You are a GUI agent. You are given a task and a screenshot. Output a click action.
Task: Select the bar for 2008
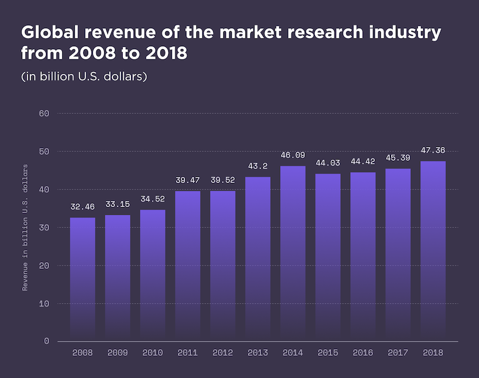[x=82, y=279]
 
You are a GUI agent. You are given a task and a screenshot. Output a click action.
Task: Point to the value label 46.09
[x=293, y=155]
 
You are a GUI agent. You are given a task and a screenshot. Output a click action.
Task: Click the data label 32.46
[x=82, y=207]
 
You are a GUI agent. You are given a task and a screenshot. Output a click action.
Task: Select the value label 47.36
[x=433, y=151]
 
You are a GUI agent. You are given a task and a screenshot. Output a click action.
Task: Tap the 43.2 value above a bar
[x=257, y=166]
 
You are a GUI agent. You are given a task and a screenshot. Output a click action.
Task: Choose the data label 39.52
[x=222, y=180]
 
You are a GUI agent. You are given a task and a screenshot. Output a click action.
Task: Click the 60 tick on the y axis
[x=44, y=113]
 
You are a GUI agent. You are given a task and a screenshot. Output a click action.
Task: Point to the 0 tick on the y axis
[x=46, y=341]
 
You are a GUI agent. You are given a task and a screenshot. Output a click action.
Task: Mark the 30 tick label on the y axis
[x=44, y=227]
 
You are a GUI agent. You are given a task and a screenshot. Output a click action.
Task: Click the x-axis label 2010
[x=152, y=353]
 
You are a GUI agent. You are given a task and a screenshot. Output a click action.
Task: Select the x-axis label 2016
[x=363, y=353]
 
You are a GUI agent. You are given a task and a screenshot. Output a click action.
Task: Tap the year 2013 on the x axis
[x=257, y=353]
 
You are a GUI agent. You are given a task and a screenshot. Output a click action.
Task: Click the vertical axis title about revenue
[x=25, y=227]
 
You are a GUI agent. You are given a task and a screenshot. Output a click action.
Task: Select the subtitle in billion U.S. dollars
[x=84, y=77]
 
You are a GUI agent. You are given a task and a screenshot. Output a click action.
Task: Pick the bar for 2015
[x=328, y=257]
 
